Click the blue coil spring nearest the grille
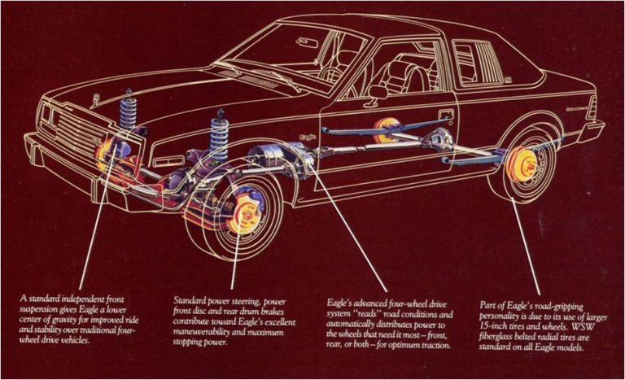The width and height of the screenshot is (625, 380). [x=129, y=113]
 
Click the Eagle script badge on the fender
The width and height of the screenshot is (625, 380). [x=307, y=138]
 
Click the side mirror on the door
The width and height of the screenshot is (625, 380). [x=379, y=91]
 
